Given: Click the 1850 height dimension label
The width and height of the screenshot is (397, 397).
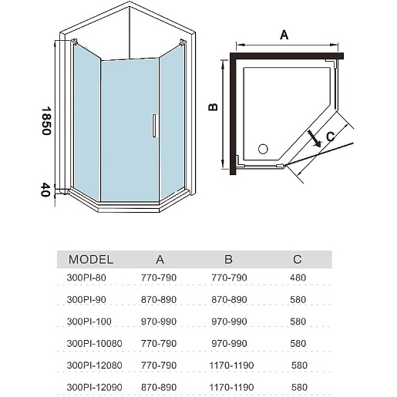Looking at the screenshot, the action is pos(46,121).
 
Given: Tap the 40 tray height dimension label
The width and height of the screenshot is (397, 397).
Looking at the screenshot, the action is pos(45,190).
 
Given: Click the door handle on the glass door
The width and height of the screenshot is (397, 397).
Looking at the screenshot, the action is pos(154,126).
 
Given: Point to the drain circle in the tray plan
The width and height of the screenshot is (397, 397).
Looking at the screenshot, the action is pos(263,149).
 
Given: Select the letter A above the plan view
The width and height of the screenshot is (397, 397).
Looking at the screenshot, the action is pos(284,35).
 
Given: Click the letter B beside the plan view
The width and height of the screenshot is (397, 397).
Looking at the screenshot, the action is pos(213,107).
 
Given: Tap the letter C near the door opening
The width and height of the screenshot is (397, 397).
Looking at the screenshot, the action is pos(331,136).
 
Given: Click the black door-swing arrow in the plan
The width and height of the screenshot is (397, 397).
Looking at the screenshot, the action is pos(315,139).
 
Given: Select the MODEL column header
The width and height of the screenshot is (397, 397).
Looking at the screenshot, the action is pos(91,260).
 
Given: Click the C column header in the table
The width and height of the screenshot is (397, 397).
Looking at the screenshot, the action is pos(298,260).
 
